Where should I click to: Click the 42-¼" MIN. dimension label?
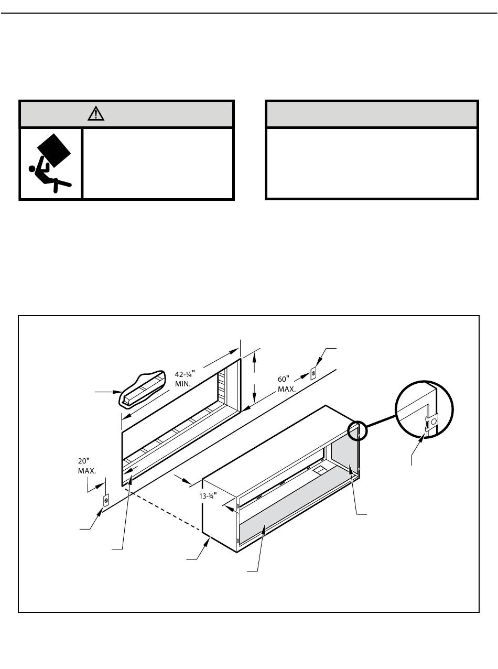tap(184, 379)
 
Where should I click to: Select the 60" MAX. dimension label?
tap(287, 384)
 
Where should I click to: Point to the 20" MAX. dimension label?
tap(87, 466)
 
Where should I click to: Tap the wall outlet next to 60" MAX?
tap(313, 373)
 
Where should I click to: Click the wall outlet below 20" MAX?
tap(106, 501)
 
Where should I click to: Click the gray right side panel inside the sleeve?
tap(344, 459)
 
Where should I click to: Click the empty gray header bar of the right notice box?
tap(372, 114)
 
